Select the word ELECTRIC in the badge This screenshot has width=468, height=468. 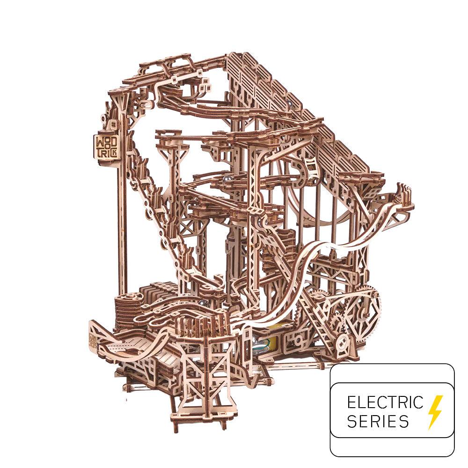click(385, 402)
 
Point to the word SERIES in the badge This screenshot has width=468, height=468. click(378, 421)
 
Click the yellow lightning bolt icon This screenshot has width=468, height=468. click(435, 412)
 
